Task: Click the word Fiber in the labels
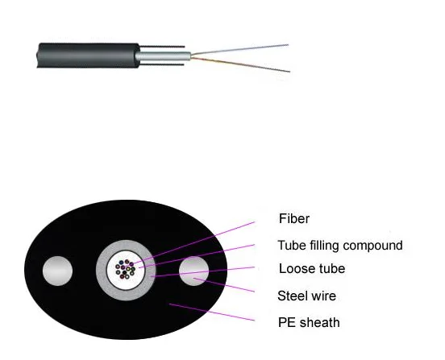(294, 218)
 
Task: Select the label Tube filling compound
(339, 245)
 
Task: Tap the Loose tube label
(313, 269)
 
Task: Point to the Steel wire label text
(306, 296)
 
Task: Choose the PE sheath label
(309, 322)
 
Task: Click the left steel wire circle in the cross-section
(57, 271)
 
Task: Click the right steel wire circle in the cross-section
(194, 271)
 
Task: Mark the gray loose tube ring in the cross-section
(102, 270)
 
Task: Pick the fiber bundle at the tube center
(126, 269)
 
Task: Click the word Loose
(294, 269)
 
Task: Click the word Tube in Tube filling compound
(291, 245)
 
